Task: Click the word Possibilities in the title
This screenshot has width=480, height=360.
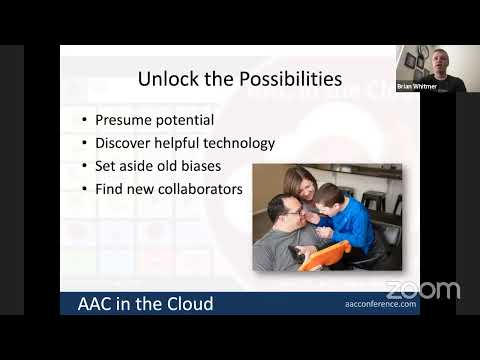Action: coord(290,78)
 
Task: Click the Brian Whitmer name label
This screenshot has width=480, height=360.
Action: coord(416,87)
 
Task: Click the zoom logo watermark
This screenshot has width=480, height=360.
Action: coord(422,291)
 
